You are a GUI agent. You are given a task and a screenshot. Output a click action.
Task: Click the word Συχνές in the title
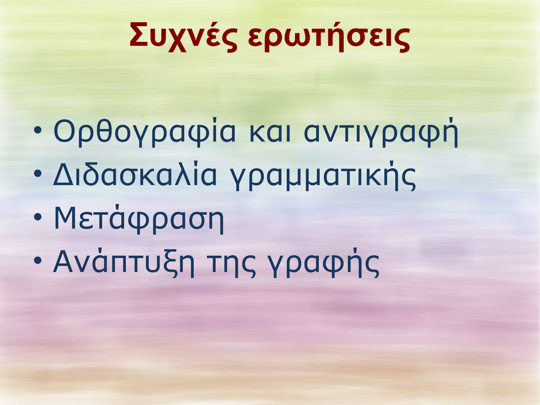[183, 36]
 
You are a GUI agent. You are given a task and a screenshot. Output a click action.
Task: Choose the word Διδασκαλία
[135, 176]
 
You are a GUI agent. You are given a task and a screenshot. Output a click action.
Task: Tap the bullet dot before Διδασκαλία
[38, 174]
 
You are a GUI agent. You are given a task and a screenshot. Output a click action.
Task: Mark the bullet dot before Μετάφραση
[38, 217]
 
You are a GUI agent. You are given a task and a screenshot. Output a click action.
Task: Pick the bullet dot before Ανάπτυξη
[38, 261]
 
